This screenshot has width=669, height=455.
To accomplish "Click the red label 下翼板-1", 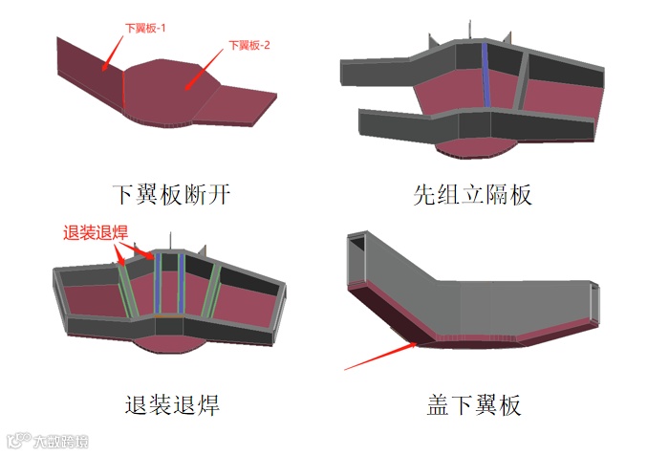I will [145, 29].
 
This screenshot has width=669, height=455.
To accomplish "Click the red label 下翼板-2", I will [249, 45].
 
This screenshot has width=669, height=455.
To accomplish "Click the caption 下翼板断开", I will [171, 195].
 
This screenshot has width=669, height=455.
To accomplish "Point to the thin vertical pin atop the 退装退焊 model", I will [170, 242].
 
